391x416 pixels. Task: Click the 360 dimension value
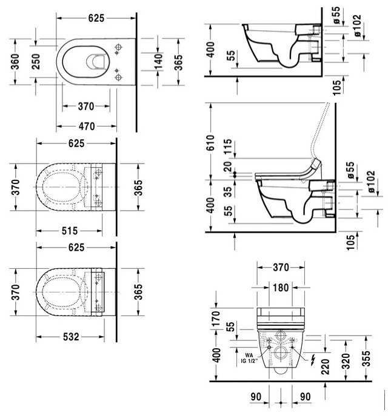pos(15,62)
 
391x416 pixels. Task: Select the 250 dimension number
pos(36,62)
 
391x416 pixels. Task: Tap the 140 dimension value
pos(159,62)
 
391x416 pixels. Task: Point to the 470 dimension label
pos(87,127)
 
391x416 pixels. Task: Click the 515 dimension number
pos(70,231)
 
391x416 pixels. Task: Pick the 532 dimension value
pos(71,337)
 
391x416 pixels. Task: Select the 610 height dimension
pos(210,143)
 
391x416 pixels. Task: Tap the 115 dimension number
pos(228,147)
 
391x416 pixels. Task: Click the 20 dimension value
pos(228,167)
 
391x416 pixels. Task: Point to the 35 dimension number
pos(228,191)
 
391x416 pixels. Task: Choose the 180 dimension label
pos(281,288)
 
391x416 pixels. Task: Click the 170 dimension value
pos(216,319)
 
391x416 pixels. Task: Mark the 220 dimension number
pos(325,367)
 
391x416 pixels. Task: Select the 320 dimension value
pos(346,362)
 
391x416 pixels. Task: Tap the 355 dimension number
pos(366,358)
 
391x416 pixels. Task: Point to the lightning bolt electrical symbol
pos(313,360)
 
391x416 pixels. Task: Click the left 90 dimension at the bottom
pos(256,397)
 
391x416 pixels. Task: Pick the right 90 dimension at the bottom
pos(305,397)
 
